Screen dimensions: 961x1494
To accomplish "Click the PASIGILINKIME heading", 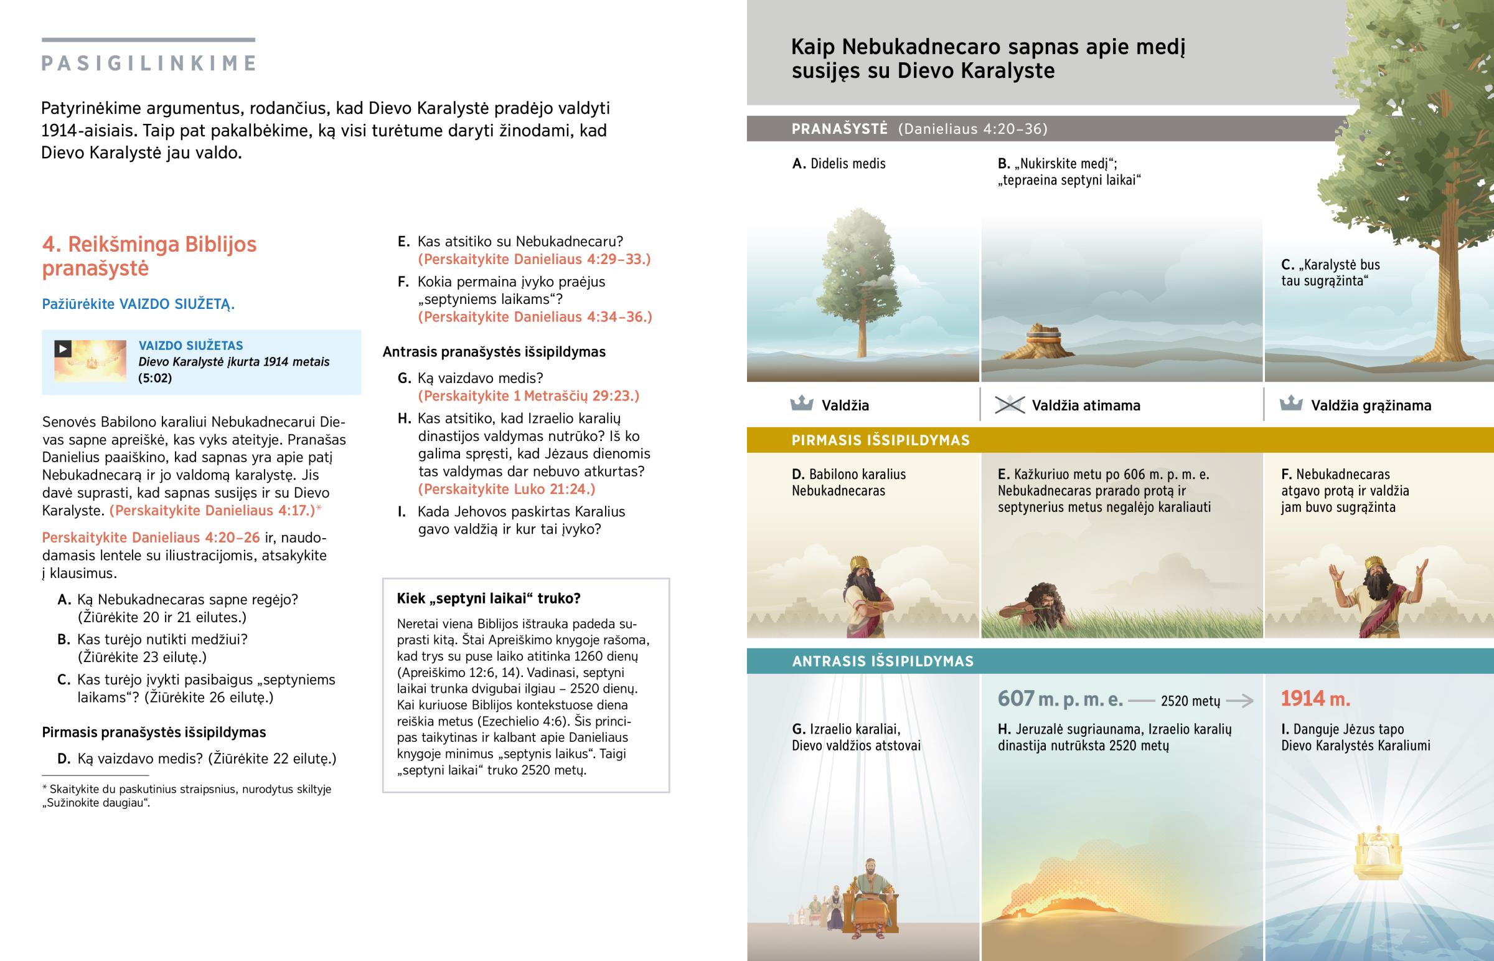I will point(148,63).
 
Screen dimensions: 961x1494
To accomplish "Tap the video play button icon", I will point(63,349).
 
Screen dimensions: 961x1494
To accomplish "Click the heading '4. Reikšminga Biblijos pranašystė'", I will point(149,256).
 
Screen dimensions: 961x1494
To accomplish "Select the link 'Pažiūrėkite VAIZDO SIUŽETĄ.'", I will point(138,304).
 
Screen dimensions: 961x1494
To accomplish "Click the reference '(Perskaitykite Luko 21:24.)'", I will point(506,489).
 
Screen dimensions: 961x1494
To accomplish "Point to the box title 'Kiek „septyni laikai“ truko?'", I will point(488,599).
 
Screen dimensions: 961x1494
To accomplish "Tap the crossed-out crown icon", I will point(1009,405).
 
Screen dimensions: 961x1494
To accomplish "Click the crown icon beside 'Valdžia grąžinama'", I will point(1290,404).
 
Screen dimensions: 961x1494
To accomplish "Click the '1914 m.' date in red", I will point(1315,699).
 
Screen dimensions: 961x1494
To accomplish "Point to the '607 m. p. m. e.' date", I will point(1060,699).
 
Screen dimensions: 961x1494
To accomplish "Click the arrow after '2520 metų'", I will point(1239,701).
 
